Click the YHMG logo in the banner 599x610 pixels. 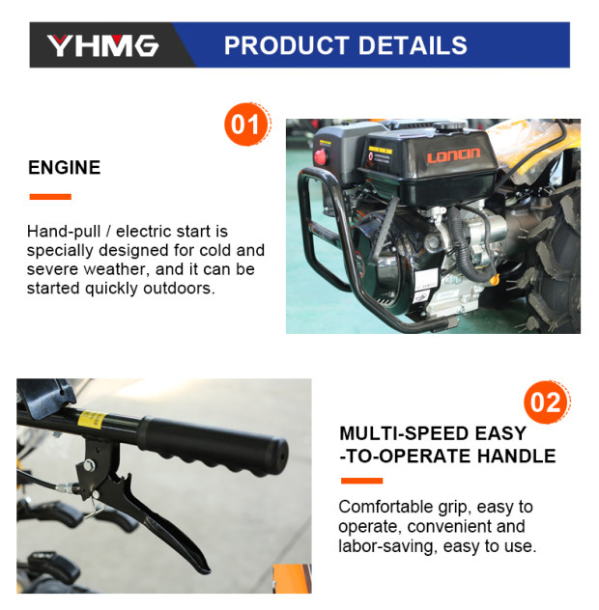coord(102,46)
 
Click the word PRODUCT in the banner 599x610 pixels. coord(287,45)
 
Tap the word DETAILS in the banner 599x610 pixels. coord(413,45)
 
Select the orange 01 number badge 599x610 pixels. coord(247,125)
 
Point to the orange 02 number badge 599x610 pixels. coord(547,402)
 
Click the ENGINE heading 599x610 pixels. coord(65,168)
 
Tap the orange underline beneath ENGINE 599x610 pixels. coord(50,197)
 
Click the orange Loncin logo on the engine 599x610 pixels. coord(453,155)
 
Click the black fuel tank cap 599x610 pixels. coord(449,125)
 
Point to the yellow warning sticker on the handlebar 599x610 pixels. coord(91,420)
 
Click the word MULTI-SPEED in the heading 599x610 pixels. coord(404,433)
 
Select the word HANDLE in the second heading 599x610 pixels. coord(517,456)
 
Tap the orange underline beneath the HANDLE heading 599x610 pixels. coord(361,481)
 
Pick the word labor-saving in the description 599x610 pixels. coord(385,546)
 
